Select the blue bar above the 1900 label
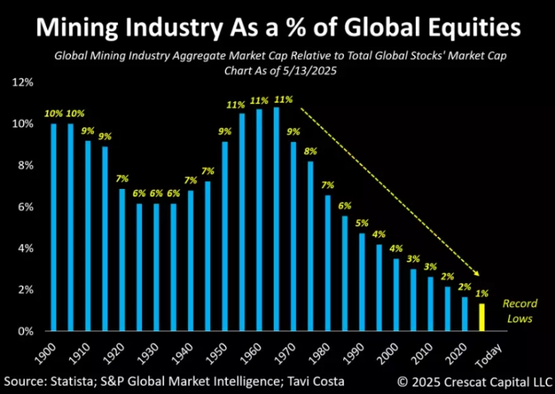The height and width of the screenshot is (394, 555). coord(53,227)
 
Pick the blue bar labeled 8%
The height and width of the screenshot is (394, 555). coord(310,245)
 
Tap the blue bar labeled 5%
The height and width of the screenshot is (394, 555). coord(362,282)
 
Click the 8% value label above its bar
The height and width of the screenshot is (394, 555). coord(310,152)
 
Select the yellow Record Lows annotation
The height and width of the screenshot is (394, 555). coord(520,311)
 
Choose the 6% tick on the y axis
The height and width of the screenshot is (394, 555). coord(24,207)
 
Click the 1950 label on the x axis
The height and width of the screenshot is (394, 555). coord(217,353)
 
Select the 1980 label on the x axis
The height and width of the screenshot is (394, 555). coord(320,353)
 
